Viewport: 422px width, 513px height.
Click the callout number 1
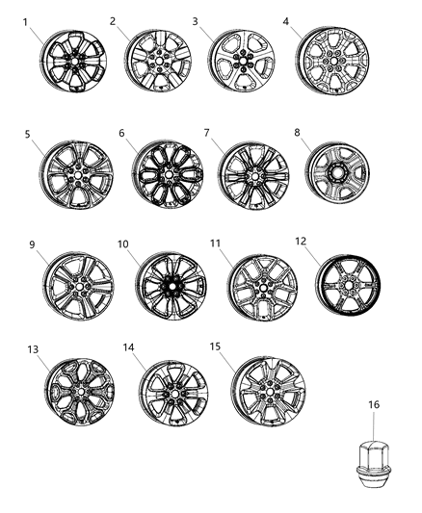(x=27, y=20)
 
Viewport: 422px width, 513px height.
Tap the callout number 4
(x=286, y=20)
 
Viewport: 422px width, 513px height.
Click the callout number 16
(x=375, y=406)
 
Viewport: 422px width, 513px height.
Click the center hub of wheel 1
(x=73, y=60)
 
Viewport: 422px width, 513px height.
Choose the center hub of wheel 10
(x=171, y=287)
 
